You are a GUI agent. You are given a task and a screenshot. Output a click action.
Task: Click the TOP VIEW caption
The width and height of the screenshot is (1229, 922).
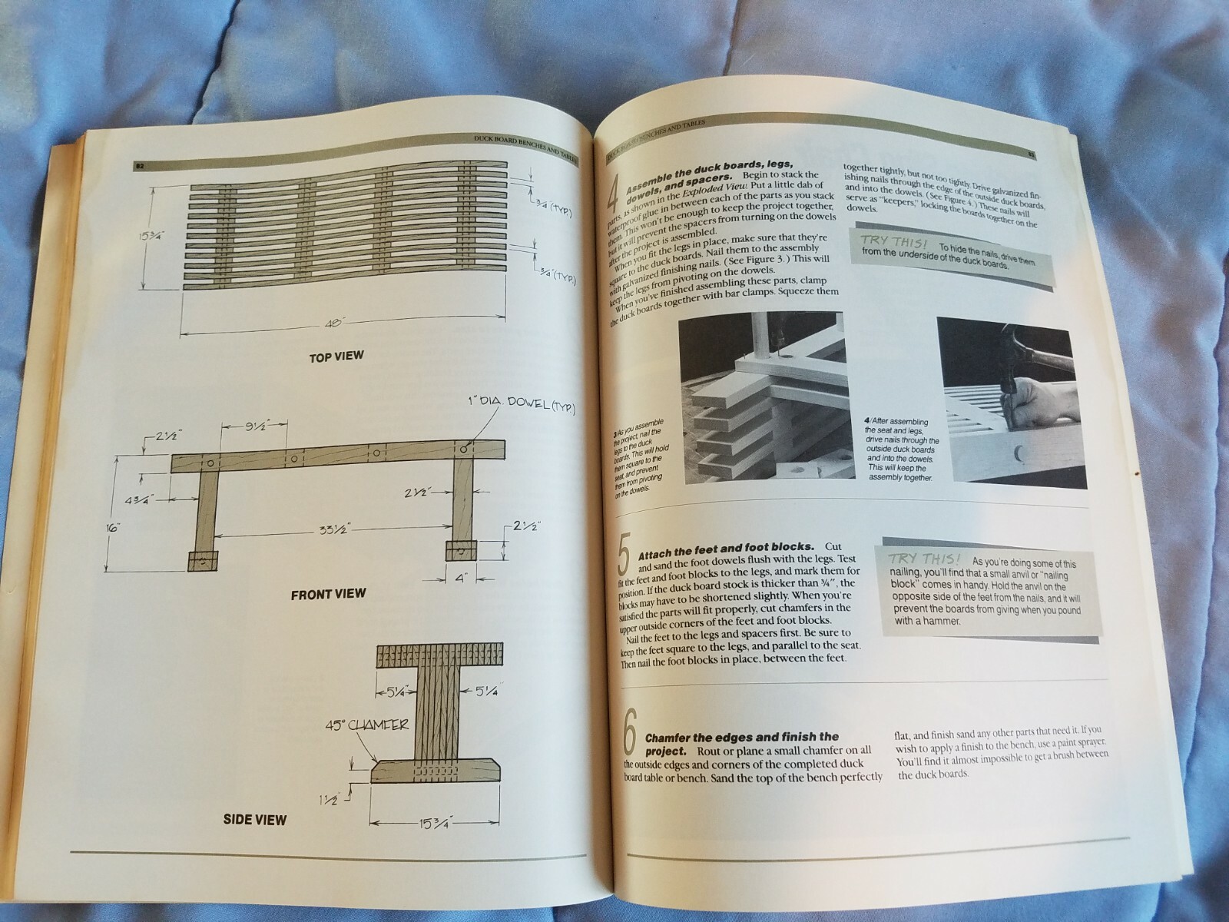336,357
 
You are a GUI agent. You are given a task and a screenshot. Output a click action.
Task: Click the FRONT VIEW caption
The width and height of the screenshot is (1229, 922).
328,594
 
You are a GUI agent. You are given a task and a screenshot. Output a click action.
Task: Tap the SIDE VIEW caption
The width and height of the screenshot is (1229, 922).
255,820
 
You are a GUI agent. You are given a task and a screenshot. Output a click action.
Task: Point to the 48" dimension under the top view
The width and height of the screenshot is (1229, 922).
333,324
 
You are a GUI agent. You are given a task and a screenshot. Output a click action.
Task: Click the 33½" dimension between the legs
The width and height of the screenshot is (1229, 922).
331,529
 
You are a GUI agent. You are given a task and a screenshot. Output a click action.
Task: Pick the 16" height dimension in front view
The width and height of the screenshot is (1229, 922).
114,528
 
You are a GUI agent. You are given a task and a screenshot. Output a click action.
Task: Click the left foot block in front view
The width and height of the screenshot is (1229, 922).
202,560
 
